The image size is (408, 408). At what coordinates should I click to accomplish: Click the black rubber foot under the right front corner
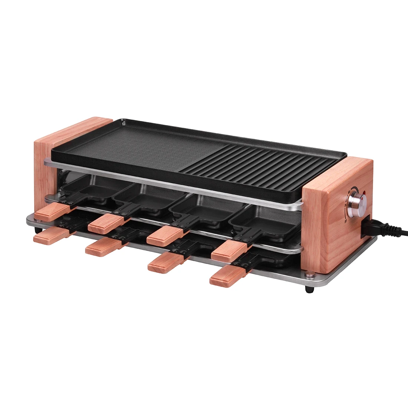(308, 289)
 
